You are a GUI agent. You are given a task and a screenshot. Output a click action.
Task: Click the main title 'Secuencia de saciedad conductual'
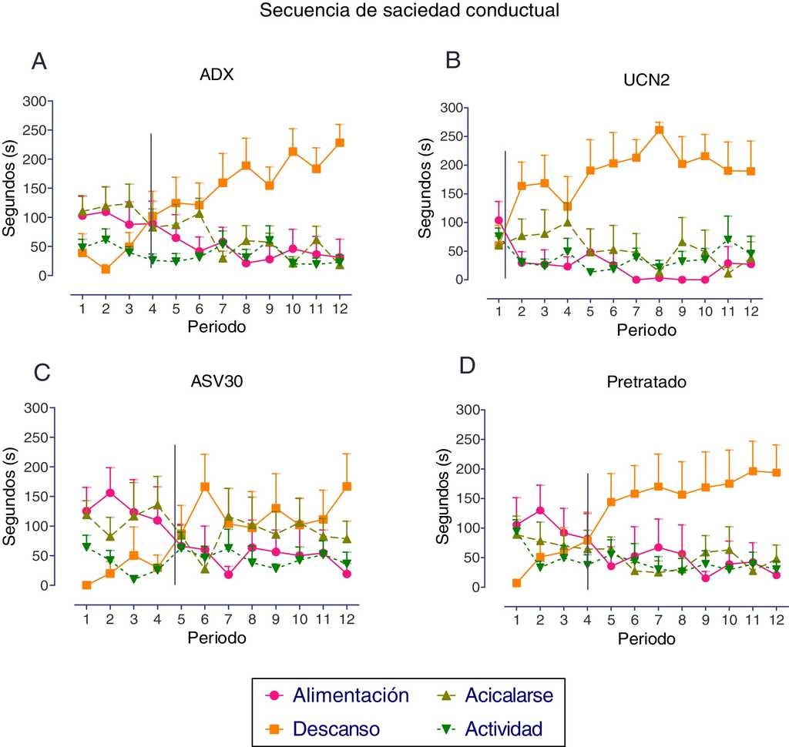pyautogui.click(x=409, y=11)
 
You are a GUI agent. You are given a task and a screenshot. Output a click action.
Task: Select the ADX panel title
pyautogui.click(x=217, y=75)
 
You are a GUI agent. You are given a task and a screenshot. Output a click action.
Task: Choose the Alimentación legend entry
pyautogui.click(x=350, y=695)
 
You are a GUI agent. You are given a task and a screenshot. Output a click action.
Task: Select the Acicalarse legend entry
pyautogui.click(x=509, y=695)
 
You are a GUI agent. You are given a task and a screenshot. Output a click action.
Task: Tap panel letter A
pyautogui.click(x=39, y=62)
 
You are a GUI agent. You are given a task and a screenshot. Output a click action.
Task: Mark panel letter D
pyautogui.click(x=467, y=365)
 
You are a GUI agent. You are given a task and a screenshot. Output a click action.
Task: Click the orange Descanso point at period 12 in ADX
pyautogui.click(x=340, y=142)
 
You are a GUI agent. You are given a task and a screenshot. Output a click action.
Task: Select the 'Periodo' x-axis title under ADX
pyautogui.click(x=217, y=327)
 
